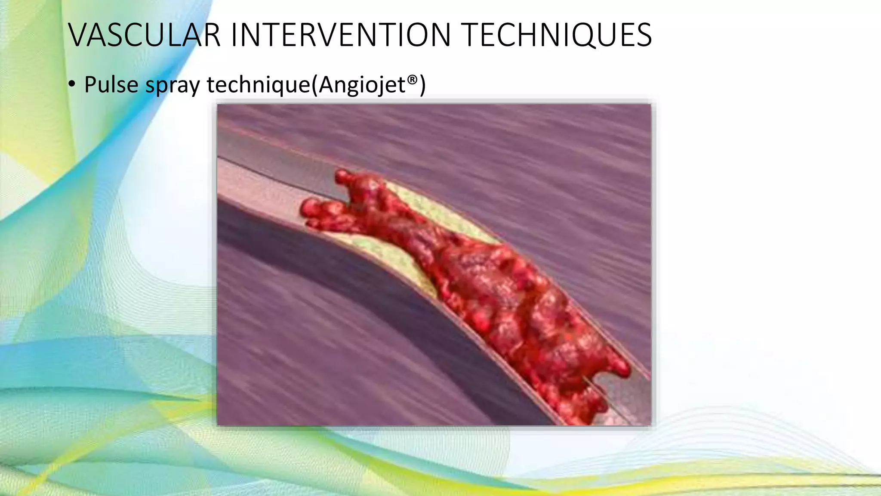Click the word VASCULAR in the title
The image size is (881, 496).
[144, 35]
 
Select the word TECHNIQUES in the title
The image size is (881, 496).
[557, 35]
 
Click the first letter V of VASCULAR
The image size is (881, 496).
[78, 35]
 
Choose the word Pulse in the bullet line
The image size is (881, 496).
[111, 84]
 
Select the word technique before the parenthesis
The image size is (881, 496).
[258, 84]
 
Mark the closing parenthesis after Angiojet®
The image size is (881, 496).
[422, 85]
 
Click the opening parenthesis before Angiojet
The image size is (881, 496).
[314, 85]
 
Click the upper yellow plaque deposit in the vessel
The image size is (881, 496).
[434, 207]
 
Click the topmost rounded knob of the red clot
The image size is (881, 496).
[343, 176]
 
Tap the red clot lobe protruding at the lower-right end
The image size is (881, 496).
[619, 366]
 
